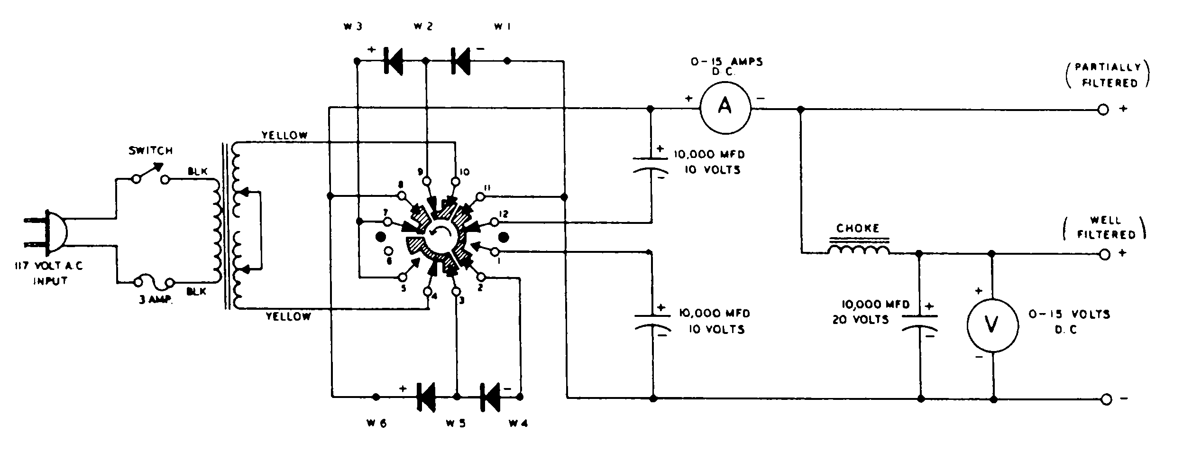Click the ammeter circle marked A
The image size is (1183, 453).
coord(725,108)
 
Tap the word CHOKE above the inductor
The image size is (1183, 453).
coord(858,228)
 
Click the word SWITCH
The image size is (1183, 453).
coord(151,151)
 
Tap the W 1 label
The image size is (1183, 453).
coord(502,27)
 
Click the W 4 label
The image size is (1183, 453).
coord(518,423)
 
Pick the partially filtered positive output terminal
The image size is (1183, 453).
coord(1103,110)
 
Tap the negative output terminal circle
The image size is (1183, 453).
coord(1106,399)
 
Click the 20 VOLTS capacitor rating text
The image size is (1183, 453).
coord(861,320)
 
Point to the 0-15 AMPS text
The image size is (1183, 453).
coord(726,62)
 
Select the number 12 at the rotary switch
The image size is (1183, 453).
coord(504,214)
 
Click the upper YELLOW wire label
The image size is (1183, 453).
coord(284,136)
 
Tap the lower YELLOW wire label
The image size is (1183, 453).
coord(288,316)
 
